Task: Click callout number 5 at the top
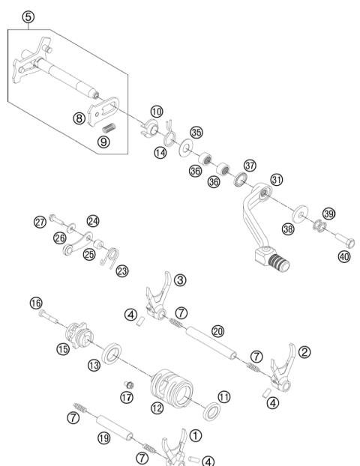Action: coord(28,16)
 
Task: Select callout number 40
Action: coord(344,257)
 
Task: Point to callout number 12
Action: coord(157,408)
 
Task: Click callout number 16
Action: coord(35,303)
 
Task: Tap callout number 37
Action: coord(250,165)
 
